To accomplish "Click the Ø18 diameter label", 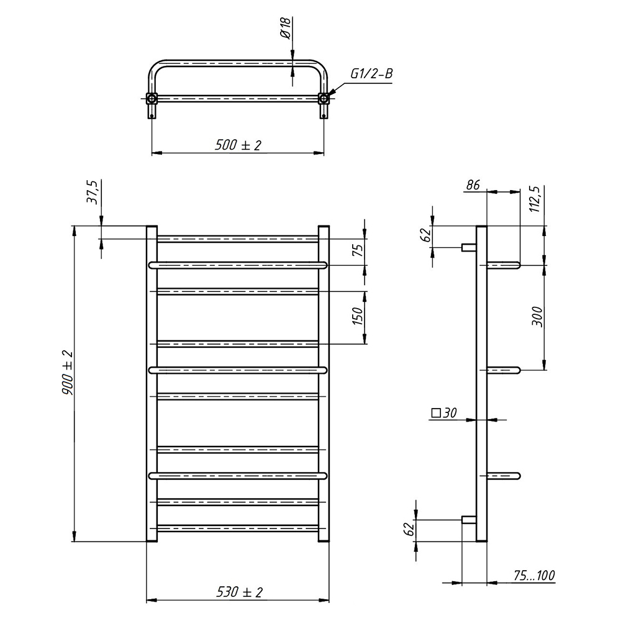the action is [x=286, y=28].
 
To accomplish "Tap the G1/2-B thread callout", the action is [x=371, y=74].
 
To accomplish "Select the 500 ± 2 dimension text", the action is [x=238, y=145].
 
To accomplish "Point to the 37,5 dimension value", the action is [x=93, y=193].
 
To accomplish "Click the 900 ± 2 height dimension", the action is [x=67, y=372].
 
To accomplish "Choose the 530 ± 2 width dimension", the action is [x=239, y=592].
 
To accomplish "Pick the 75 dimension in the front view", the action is [x=358, y=250].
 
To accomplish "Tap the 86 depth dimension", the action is [x=473, y=185].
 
